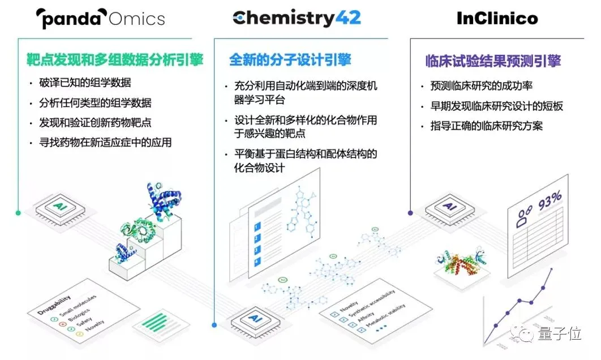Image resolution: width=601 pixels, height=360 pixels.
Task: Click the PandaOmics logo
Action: pos(100,18)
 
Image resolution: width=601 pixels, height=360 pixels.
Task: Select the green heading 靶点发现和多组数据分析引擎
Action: pos(115,59)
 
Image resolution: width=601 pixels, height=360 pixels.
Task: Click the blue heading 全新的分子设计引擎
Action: pos(290,59)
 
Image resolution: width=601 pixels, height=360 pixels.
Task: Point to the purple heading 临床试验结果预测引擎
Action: pos(493,61)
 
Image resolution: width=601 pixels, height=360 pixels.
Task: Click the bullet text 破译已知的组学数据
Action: pos(85,83)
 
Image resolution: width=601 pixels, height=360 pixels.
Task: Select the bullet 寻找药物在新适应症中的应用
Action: pos(105,142)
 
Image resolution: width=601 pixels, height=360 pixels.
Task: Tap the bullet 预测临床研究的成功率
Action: pos(482,86)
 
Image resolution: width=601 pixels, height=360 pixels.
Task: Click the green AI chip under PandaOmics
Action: pos(60,208)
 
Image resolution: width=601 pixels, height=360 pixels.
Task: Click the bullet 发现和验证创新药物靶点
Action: pos(95,122)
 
